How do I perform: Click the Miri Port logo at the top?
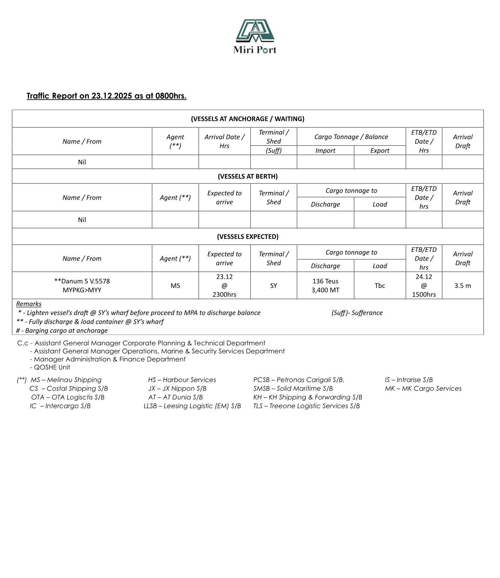click(x=255, y=36)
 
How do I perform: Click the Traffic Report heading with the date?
click(x=106, y=96)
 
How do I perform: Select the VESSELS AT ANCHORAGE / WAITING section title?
click(x=247, y=119)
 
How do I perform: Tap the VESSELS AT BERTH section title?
click(x=247, y=176)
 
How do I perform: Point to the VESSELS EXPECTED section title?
click(x=247, y=236)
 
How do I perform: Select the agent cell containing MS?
click(x=175, y=285)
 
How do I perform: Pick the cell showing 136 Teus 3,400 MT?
click(x=325, y=285)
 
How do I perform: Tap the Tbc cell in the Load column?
click(x=380, y=285)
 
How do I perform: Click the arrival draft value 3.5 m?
click(x=462, y=285)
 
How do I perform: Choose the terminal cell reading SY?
click(x=273, y=285)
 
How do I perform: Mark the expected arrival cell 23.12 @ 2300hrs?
click(x=224, y=285)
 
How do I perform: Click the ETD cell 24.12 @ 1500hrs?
click(x=424, y=285)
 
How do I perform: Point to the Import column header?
click(x=325, y=151)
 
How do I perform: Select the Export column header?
click(x=380, y=151)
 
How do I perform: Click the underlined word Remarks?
click(x=29, y=304)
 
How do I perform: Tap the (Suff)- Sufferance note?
click(x=357, y=313)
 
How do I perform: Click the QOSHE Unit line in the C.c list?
click(x=52, y=367)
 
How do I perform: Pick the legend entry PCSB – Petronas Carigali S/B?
click(x=299, y=380)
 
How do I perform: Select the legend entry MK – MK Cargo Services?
click(x=423, y=388)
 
